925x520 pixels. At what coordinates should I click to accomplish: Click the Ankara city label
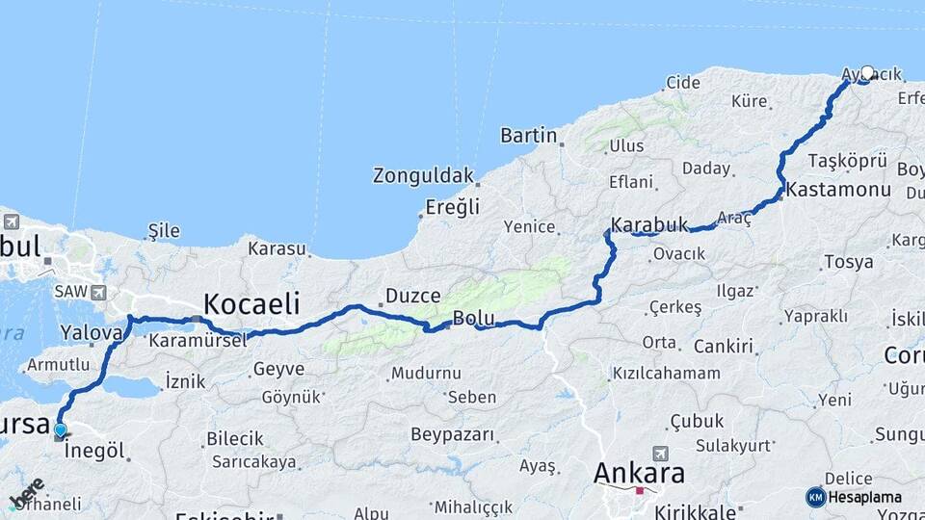[x=639, y=473]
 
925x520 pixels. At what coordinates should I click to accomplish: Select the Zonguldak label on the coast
[x=424, y=176]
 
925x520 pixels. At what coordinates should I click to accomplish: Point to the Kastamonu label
[x=838, y=190]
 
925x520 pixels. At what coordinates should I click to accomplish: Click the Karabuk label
[x=649, y=224]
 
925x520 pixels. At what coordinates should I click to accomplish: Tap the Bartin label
[x=529, y=136]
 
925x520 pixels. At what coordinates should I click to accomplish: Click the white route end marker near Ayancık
[x=867, y=73]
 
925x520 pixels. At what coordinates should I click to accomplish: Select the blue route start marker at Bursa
[x=61, y=430]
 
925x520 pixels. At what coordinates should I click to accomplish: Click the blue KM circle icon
[x=815, y=497]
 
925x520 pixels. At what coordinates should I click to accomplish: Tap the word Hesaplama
[x=864, y=497]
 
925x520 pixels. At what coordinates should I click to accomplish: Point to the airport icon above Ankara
[x=660, y=453]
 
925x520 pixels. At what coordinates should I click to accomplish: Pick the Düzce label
[x=412, y=296]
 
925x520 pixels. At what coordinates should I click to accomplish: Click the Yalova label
[x=92, y=333]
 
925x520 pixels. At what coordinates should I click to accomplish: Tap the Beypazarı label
[x=452, y=434]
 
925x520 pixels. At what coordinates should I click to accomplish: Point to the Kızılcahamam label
[x=666, y=373]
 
